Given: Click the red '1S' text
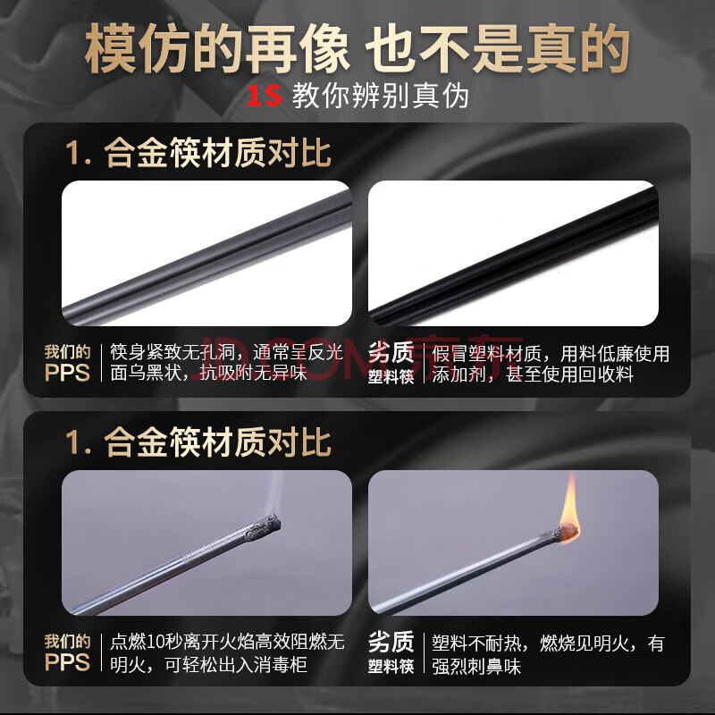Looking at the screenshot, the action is coord(264,96).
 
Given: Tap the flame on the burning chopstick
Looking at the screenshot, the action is coord(569,509).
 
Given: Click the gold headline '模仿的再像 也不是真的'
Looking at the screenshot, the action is coord(357,49).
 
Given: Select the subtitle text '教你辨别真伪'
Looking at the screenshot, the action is coord(381,96).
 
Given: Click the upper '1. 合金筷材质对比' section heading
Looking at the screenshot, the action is coord(198,153).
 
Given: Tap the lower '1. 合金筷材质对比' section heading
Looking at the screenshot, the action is coord(198,442).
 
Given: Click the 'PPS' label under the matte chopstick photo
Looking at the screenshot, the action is coord(68,373).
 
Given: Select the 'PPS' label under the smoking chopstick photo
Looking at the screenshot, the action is coord(68,662).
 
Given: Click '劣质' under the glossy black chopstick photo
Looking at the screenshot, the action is coord(391,352).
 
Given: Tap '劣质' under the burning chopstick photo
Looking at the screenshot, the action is coord(391,642).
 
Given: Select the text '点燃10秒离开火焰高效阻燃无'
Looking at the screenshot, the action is coord(227,642).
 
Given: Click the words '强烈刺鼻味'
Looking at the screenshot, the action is coord(476,666).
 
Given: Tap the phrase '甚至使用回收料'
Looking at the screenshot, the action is coord(569,374).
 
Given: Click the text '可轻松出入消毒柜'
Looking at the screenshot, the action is coord(236,665).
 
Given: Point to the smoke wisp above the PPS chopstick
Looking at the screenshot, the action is coord(273,492).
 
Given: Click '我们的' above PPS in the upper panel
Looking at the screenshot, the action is coord(68,352).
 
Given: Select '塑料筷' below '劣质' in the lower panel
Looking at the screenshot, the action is coord(391,666).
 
